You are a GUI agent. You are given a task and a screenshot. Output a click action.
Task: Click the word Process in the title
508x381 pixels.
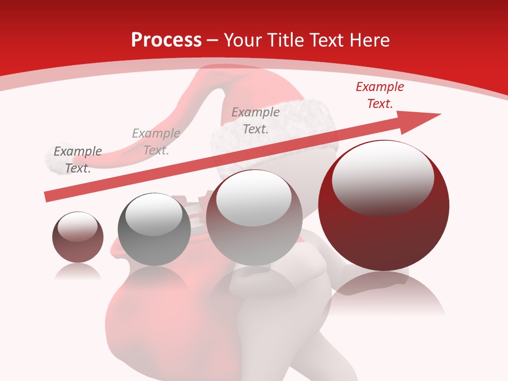[166, 40]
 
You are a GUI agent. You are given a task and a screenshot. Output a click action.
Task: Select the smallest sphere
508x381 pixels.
[78, 237]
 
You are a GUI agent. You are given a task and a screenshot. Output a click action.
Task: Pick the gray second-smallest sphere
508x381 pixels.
[154, 229]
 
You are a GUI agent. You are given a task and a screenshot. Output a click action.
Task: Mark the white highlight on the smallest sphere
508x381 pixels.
[77, 226]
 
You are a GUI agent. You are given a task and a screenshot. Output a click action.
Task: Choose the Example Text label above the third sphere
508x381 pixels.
[256, 121]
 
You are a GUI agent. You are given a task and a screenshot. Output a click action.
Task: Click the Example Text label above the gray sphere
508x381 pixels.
[156, 142]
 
